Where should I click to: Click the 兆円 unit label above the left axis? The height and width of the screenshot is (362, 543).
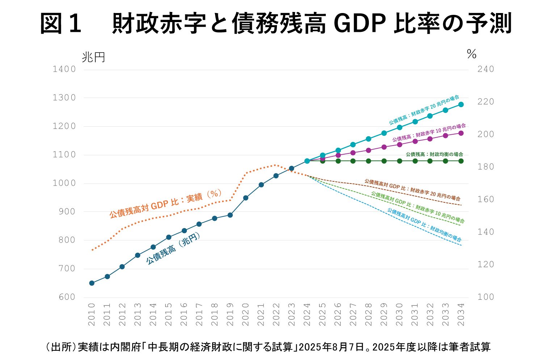[x=93, y=57]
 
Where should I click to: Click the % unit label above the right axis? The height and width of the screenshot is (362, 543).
[x=471, y=54]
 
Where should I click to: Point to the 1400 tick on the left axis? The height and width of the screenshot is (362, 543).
[x=64, y=69]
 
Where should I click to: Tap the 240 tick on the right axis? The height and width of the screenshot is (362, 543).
[x=485, y=69]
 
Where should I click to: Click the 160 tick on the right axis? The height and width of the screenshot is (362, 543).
[x=485, y=199]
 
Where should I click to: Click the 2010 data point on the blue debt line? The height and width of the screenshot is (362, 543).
[x=92, y=283]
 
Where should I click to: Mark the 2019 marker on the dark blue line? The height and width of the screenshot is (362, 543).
[x=230, y=215]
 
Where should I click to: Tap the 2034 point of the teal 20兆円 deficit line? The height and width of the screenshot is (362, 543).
[x=461, y=104]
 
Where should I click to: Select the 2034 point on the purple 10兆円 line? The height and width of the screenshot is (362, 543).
[x=461, y=133]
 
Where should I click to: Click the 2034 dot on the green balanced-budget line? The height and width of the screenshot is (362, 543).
[x=461, y=161]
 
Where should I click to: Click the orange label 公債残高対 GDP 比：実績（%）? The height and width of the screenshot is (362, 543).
[x=165, y=203]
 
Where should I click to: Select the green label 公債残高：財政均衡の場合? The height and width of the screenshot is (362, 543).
[x=434, y=154]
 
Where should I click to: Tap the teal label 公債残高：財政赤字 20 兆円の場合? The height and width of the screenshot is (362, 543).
[x=424, y=110]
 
